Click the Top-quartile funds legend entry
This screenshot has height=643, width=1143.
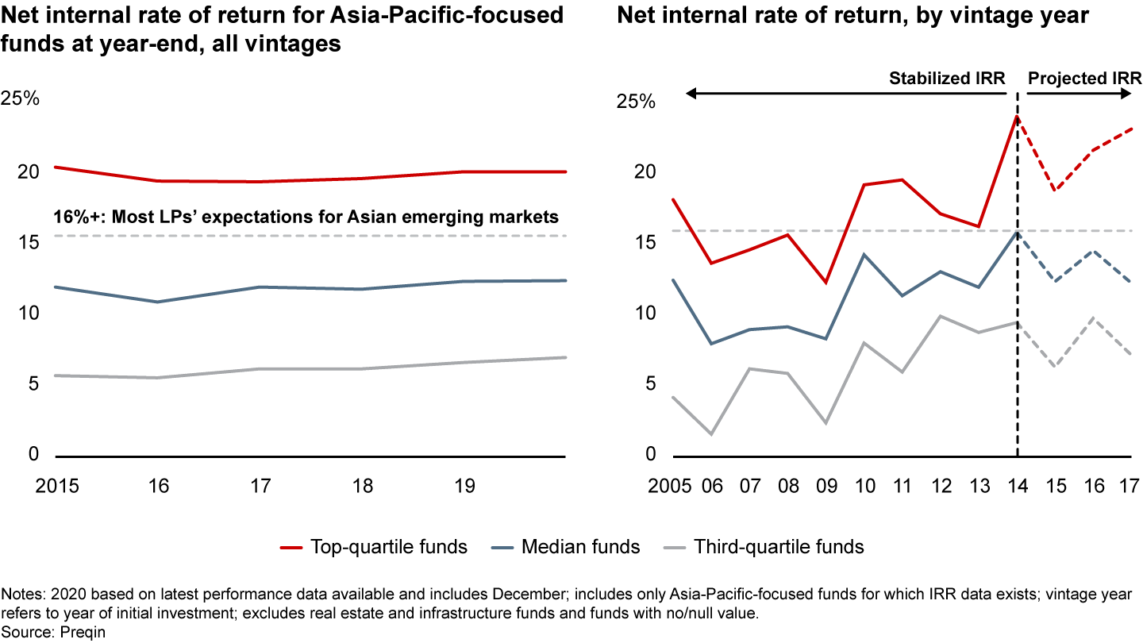coord(374,546)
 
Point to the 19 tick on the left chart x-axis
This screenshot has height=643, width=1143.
coord(464,486)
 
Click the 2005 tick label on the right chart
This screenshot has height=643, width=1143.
coord(674,486)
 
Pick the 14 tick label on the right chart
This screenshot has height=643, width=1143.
coord(1017,486)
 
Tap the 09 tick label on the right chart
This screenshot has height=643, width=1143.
coord(825,486)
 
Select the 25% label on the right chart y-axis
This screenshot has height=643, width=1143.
coord(636,102)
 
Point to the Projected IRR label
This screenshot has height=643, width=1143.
coord(1084,78)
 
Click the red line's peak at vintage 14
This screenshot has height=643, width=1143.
coord(1017,116)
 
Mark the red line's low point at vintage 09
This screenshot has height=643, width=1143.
coord(825,283)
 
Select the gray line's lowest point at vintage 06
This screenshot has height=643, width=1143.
coord(711,434)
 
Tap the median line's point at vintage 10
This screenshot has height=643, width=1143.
coord(864,254)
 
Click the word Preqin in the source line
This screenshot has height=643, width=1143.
coord(86,632)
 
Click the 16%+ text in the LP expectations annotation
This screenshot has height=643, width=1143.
coord(75,217)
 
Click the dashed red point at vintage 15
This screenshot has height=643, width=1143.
coord(1055,191)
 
